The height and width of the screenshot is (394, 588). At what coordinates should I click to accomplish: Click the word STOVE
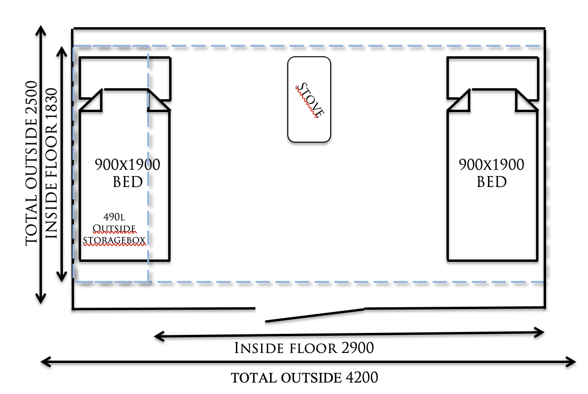click(x=310, y=101)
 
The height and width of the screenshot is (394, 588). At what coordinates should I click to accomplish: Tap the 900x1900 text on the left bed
click(x=127, y=165)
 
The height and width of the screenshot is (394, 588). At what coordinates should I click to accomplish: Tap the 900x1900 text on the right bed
click(x=491, y=165)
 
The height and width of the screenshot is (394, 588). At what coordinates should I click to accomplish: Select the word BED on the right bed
click(x=492, y=182)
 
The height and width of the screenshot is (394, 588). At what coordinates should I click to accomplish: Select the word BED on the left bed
click(x=128, y=182)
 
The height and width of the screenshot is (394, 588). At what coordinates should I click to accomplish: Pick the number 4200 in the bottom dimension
click(x=359, y=378)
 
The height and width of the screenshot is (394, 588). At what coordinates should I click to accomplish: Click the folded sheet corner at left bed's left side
click(x=93, y=101)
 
